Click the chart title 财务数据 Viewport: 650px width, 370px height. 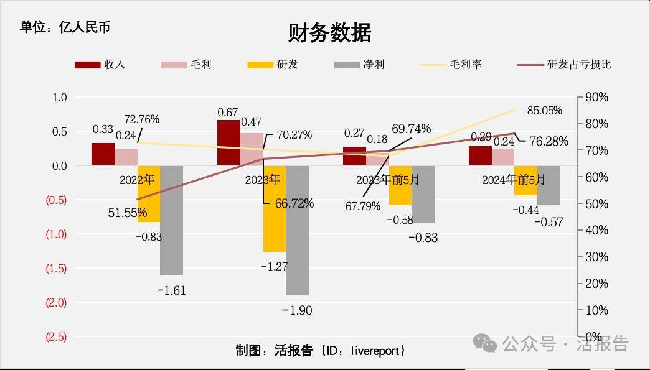[x=329, y=33]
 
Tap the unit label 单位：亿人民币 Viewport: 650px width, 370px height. [x=65, y=27]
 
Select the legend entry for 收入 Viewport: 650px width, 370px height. [x=100, y=65]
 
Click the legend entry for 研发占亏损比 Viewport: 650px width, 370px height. [x=564, y=65]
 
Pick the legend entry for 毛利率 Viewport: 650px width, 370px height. [x=451, y=65]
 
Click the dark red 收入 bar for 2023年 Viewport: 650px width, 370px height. [x=228, y=142]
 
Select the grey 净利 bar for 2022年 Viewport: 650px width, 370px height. [x=172, y=220]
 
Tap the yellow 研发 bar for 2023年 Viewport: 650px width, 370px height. [x=275, y=208]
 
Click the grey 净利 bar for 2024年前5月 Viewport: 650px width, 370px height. [x=549, y=185]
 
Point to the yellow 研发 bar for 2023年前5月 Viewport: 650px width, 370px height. [x=400, y=185]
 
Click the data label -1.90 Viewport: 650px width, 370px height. [x=297, y=310]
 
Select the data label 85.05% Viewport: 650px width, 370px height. [x=544, y=111]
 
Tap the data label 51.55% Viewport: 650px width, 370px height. [x=127, y=213]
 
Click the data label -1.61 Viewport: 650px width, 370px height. [x=171, y=290]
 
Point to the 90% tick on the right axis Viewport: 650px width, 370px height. [x=596, y=98]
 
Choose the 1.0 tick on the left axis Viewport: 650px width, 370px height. [x=60, y=98]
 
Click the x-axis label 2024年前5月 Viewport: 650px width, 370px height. [x=514, y=180]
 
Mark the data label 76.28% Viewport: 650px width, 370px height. [x=548, y=142]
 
